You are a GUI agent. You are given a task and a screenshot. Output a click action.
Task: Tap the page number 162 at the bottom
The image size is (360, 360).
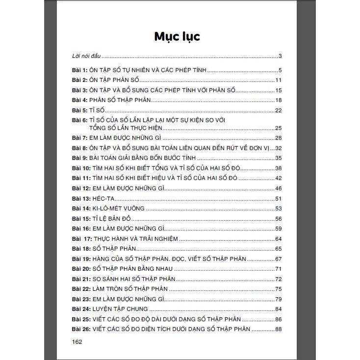tap(77, 341)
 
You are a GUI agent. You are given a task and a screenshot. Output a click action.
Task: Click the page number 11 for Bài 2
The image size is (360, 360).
tap(278, 80)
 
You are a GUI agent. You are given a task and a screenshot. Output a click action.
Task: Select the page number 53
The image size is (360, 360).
tap(278, 208)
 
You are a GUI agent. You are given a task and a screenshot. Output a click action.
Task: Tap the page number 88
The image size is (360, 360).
tap(278, 329)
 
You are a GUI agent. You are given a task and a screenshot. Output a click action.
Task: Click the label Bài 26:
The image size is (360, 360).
tap(80, 329)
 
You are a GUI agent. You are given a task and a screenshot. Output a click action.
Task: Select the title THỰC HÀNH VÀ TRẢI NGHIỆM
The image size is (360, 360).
tap(136, 238)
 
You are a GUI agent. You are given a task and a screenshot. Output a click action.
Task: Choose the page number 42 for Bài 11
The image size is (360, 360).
tap(278, 178)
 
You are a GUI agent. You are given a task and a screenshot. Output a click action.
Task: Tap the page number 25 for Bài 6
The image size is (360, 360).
tap(278, 128)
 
